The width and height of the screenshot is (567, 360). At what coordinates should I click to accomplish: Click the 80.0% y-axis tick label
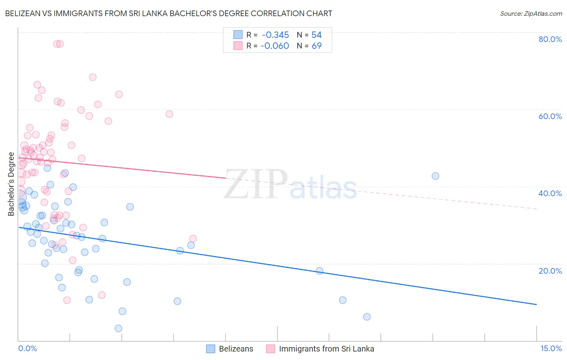550,39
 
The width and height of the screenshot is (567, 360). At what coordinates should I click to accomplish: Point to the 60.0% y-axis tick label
550,116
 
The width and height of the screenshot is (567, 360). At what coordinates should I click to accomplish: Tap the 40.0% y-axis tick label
550,193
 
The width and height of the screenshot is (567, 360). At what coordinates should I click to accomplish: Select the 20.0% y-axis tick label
550,271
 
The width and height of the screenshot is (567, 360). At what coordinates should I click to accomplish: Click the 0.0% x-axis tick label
27,349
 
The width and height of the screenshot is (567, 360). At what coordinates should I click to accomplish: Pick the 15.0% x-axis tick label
551,349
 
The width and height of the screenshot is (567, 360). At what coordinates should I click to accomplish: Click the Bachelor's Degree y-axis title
11,184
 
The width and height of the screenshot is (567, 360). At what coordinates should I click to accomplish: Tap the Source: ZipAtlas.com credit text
531,14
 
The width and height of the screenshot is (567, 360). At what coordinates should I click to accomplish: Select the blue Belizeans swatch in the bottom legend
211,349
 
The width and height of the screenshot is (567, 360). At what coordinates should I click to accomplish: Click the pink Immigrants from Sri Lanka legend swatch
271,349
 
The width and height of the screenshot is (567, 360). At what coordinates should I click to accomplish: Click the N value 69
317,46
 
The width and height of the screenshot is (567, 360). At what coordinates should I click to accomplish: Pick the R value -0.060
275,46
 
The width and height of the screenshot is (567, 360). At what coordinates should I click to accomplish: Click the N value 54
317,35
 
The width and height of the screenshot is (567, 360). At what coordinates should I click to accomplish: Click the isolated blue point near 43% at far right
436,176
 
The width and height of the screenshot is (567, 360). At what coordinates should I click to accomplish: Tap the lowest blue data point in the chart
119,329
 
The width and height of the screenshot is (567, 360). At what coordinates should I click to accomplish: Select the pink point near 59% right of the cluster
169,114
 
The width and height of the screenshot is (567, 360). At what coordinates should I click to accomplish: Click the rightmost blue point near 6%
367,317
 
